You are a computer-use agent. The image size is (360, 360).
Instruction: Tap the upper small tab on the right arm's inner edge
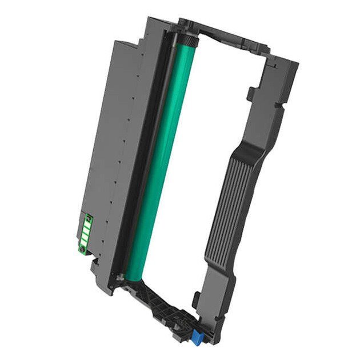coord(250,91)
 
